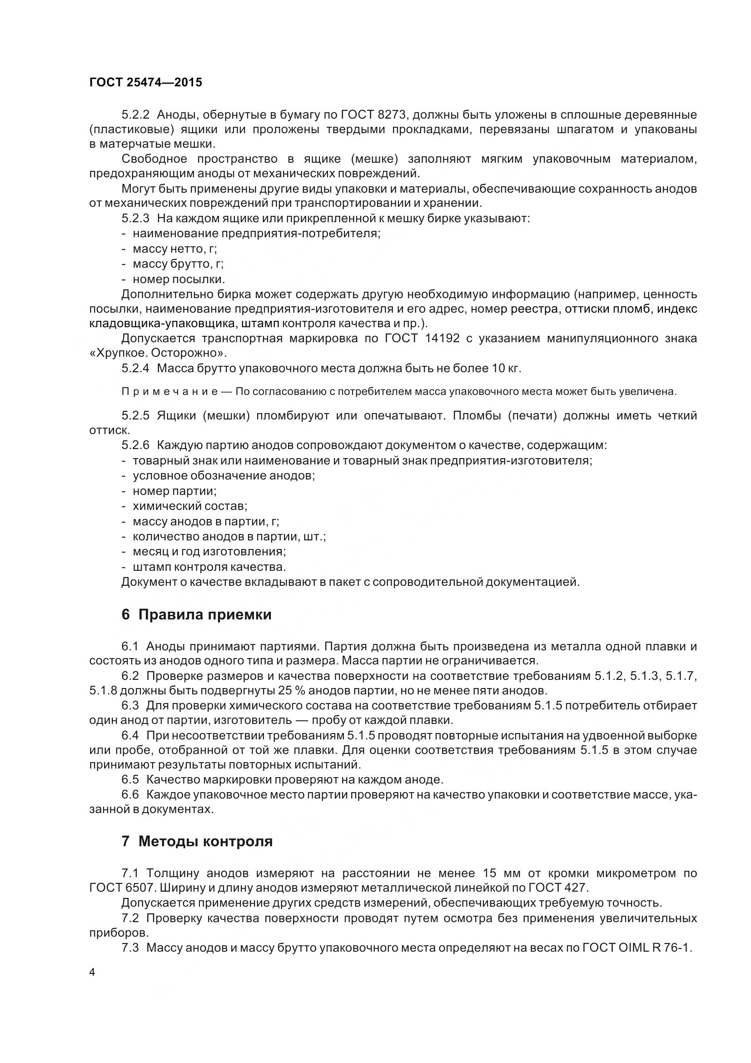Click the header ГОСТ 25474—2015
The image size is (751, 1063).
pos(146,82)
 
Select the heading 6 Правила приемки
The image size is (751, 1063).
pos(196,615)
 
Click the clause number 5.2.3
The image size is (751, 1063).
pos(135,219)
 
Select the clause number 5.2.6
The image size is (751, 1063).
pos(135,445)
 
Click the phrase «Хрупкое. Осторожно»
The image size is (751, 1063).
pos(158,353)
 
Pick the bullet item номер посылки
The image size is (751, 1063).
pos(178,279)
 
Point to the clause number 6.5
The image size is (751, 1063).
pos(130,780)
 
